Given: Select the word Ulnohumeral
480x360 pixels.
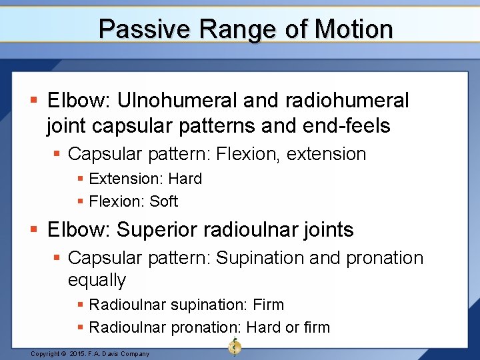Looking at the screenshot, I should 177,101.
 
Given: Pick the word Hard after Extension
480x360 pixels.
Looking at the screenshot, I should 185,179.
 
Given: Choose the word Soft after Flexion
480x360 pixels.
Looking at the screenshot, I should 164,201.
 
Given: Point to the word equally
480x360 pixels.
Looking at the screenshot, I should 97,280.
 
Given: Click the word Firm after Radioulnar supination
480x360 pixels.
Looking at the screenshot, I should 269,305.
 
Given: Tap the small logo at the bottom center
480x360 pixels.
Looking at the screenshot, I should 235,347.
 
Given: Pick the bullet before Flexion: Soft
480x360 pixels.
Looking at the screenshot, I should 81,202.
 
